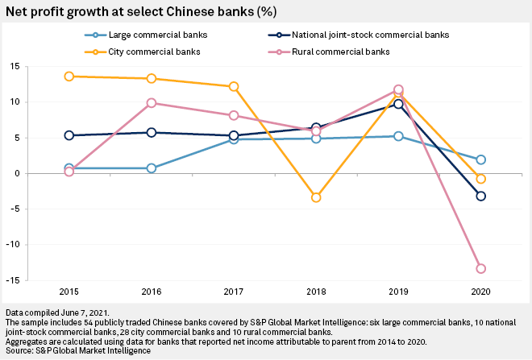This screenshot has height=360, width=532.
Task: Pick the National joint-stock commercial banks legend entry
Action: (x=372, y=35)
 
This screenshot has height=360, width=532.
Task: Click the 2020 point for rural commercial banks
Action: (x=481, y=268)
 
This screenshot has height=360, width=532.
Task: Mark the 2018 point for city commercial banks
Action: (x=316, y=197)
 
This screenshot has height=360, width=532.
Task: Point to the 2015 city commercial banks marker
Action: (x=69, y=77)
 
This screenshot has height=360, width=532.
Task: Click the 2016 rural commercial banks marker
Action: (x=152, y=103)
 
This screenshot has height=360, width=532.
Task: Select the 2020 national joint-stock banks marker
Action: (x=481, y=196)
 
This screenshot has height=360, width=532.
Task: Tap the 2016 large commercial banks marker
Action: (x=152, y=168)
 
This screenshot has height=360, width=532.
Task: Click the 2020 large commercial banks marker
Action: (x=481, y=159)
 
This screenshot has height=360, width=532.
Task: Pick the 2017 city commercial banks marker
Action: (x=234, y=86)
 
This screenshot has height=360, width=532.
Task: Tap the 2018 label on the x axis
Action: (x=316, y=291)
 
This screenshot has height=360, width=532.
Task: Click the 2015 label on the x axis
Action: (x=69, y=291)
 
